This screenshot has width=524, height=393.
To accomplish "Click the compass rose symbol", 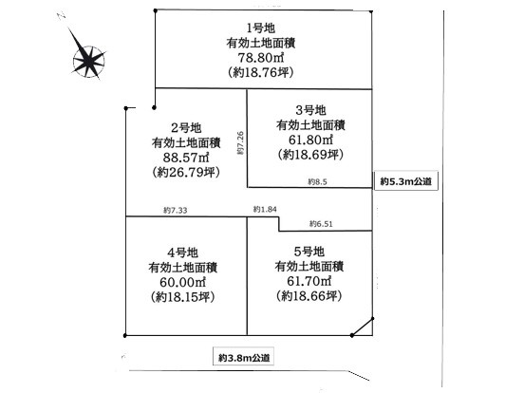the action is point(88,61).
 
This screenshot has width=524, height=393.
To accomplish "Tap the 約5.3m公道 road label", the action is point(405,181).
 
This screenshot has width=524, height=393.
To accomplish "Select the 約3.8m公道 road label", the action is point(244,358).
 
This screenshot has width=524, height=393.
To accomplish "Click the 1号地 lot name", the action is point(261,28).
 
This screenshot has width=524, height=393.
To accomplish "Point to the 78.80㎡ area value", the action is point(261,58).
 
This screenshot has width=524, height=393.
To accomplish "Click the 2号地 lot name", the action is point(186,127).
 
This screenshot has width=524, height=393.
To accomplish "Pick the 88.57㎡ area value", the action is point(186,158).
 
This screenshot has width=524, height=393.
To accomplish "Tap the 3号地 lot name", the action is point(310,110).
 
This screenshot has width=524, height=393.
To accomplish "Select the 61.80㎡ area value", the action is point(310,140).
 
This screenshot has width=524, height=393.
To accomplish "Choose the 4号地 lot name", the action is point(183,253).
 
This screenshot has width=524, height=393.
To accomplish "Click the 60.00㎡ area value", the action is point(183,282).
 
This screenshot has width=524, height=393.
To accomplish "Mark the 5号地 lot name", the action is point(309,252).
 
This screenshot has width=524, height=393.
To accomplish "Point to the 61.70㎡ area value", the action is point(309,281).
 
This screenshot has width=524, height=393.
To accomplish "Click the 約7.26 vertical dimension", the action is point(241,143).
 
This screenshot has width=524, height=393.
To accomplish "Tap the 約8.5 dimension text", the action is point(317,182).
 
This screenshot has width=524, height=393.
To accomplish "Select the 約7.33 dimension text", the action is point(176,210).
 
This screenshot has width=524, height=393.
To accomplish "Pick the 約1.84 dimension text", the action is point(265,209).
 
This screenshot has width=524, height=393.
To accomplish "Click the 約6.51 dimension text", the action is point(321,224).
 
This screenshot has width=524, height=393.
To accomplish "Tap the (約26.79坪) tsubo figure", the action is point(186,173).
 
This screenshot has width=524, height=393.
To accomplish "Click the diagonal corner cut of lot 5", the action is point(363,327).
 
